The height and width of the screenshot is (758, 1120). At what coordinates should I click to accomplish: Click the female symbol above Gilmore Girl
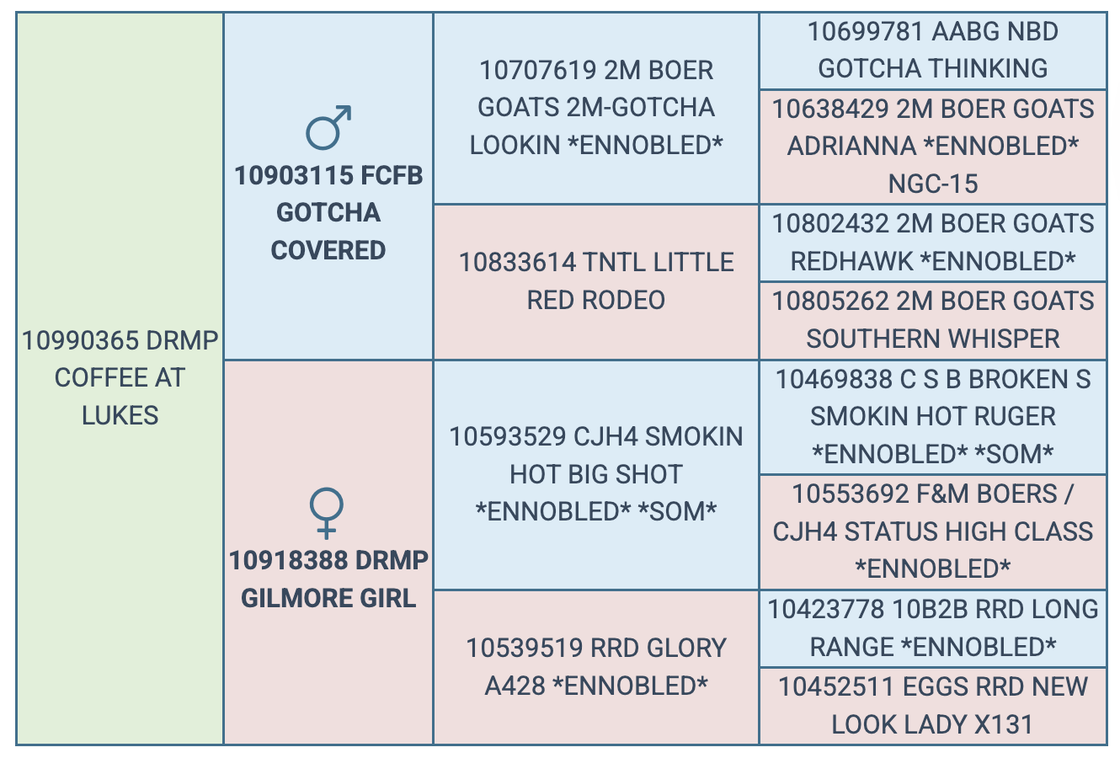tap(327, 505)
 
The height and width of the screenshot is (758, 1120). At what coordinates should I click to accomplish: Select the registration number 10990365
tap(81, 340)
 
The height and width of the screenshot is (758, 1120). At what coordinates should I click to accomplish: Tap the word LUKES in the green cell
tap(120, 415)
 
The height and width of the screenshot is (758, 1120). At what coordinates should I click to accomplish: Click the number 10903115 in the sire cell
tap(293, 175)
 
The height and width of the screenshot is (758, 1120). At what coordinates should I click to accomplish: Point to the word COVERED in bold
tap(328, 250)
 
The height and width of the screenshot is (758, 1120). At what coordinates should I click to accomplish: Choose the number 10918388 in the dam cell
tap(287, 561)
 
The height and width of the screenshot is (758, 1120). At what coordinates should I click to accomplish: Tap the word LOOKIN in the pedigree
tap(515, 145)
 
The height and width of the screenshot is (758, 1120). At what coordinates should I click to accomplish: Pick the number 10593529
tap(508, 436)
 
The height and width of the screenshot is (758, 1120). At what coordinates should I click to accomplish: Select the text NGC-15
tap(933, 184)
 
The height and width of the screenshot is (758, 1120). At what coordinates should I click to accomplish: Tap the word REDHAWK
tap(851, 261)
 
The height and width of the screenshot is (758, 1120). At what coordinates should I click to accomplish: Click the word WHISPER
tap(1004, 339)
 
